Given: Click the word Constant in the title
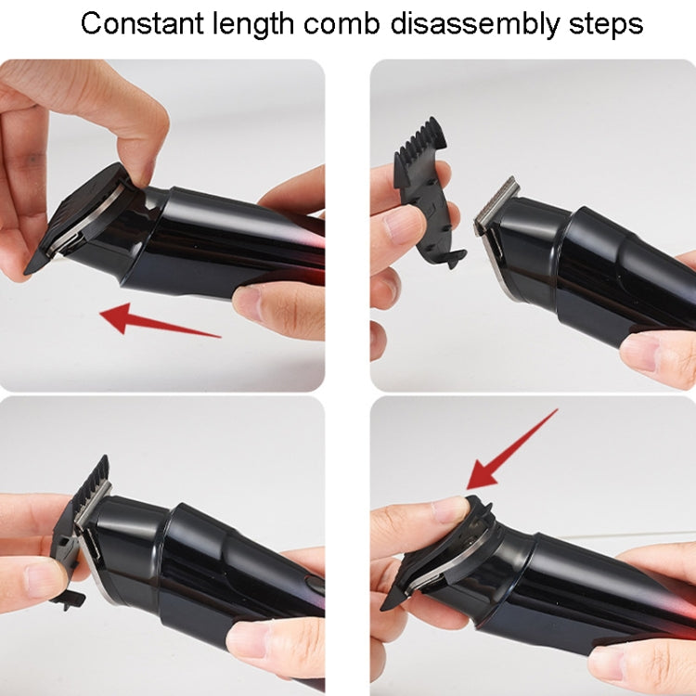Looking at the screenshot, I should (x=138, y=23).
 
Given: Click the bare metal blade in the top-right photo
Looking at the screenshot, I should (x=496, y=205).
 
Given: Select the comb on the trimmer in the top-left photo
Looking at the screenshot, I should (x=79, y=218).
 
